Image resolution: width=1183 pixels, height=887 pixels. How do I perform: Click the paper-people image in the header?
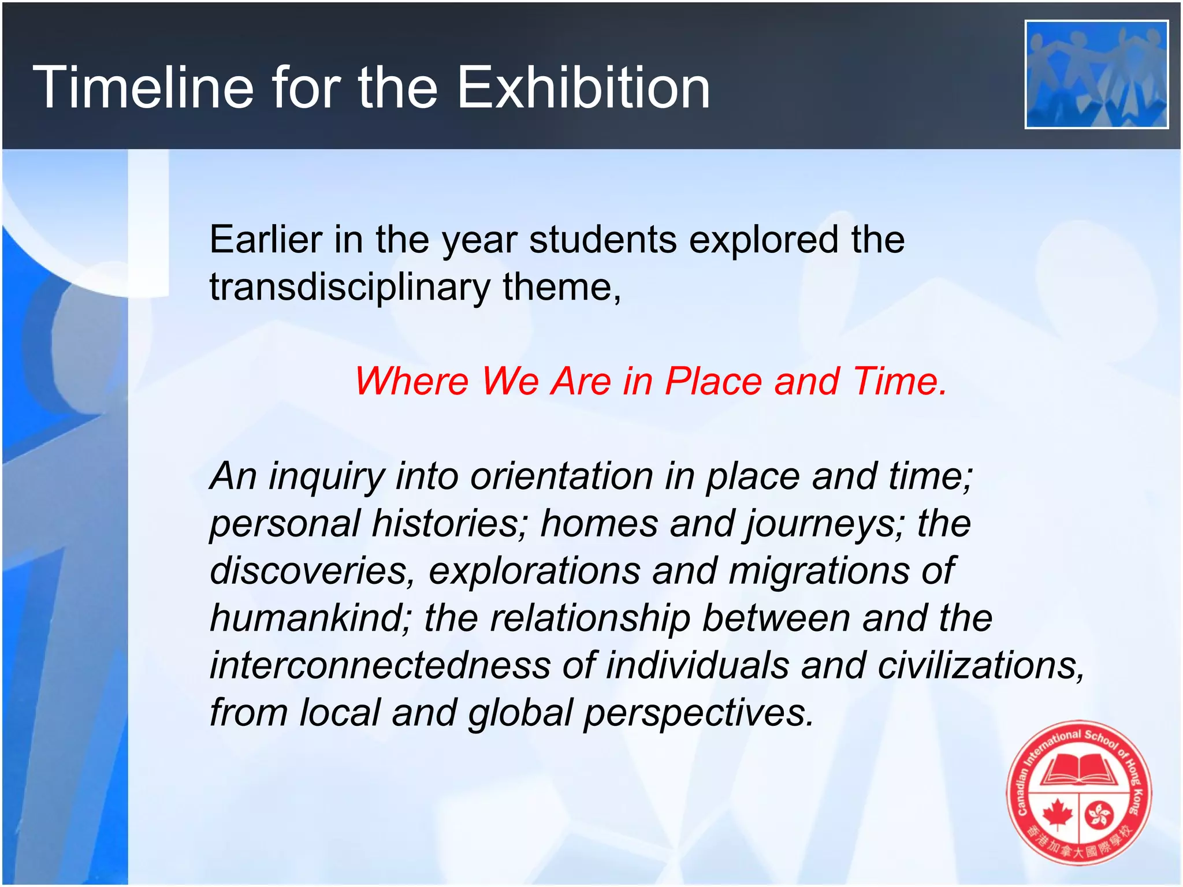click(x=1096, y=74)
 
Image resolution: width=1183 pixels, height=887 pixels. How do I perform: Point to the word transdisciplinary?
click(x=349, y=288)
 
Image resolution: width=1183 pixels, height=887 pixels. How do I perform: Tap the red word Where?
click(x=411, y=381)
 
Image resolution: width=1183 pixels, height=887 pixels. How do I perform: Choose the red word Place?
click(x=713, y=381)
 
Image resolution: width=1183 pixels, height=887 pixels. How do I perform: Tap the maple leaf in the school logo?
click(x=1057, y=814)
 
